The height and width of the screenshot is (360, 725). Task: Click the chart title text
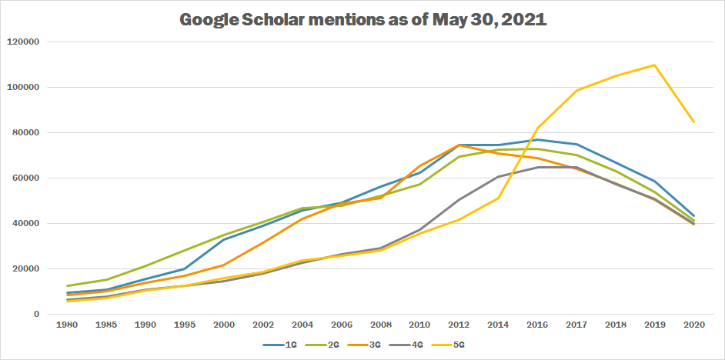(x=362, y=20)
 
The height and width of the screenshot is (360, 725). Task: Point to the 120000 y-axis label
(x=26, y=42)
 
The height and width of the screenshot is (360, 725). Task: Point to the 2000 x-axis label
(x=223, y=327)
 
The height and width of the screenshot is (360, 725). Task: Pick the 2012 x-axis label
(x=460, y=327)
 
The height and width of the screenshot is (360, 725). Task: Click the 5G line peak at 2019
(x=654, y=65)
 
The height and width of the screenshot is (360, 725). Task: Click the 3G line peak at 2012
(x=460, y=145)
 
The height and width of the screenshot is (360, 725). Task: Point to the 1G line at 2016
(x=538, y=140)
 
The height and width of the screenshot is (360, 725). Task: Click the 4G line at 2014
(x=499, y=176)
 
